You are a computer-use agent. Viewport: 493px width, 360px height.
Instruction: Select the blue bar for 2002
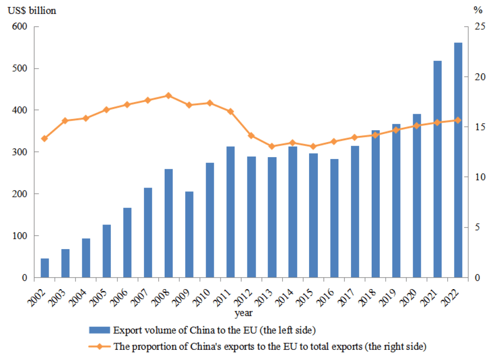click(45, 268)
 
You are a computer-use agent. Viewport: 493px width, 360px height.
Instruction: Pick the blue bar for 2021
click(438, 169)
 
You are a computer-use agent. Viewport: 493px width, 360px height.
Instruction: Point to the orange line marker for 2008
click(169, 95)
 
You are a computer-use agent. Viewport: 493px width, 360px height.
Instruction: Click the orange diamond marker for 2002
click(45, 138)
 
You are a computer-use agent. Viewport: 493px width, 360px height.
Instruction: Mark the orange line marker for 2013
click(272, 146)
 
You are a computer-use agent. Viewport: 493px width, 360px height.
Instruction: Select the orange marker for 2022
click(458, 120)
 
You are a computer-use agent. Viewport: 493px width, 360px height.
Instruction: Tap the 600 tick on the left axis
click(20, 27)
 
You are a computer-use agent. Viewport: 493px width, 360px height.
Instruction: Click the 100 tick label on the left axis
click(20, 236)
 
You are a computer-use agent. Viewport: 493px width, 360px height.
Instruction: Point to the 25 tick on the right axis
click(479, 27)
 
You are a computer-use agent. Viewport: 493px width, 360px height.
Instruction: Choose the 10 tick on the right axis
click(479, 177)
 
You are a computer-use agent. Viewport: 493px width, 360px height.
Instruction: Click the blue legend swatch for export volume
click(99, 331)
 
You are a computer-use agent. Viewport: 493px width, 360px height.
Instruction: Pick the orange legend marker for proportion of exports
click(99, 346)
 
